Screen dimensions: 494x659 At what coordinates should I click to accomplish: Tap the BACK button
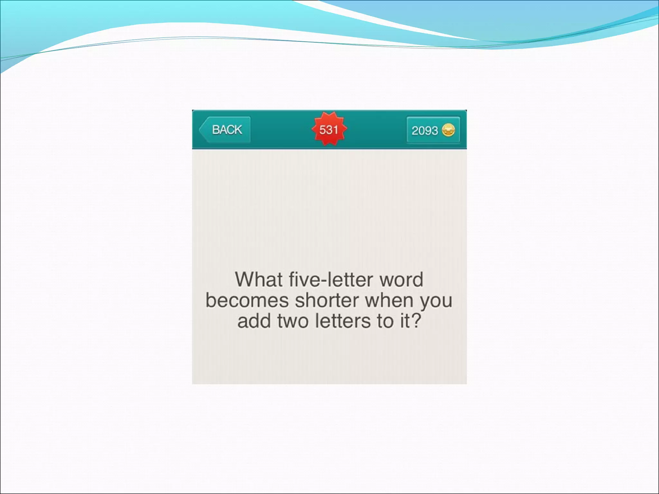[x=225, y=130]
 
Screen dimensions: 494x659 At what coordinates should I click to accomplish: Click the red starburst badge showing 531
[x=329, y=129]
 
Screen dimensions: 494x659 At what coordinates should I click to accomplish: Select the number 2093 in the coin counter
[x=424, y=131]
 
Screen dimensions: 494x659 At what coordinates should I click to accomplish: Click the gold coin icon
[x=448, y=130]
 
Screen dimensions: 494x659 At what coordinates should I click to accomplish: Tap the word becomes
[x=247, y=300]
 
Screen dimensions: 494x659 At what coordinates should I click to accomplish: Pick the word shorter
[x=327, y=300]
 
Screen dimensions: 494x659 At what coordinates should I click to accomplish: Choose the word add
[x=254, y=321]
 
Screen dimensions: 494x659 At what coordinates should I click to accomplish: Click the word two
[x=293, y=321]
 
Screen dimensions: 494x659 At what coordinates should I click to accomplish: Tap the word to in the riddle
[x=386, y=321]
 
